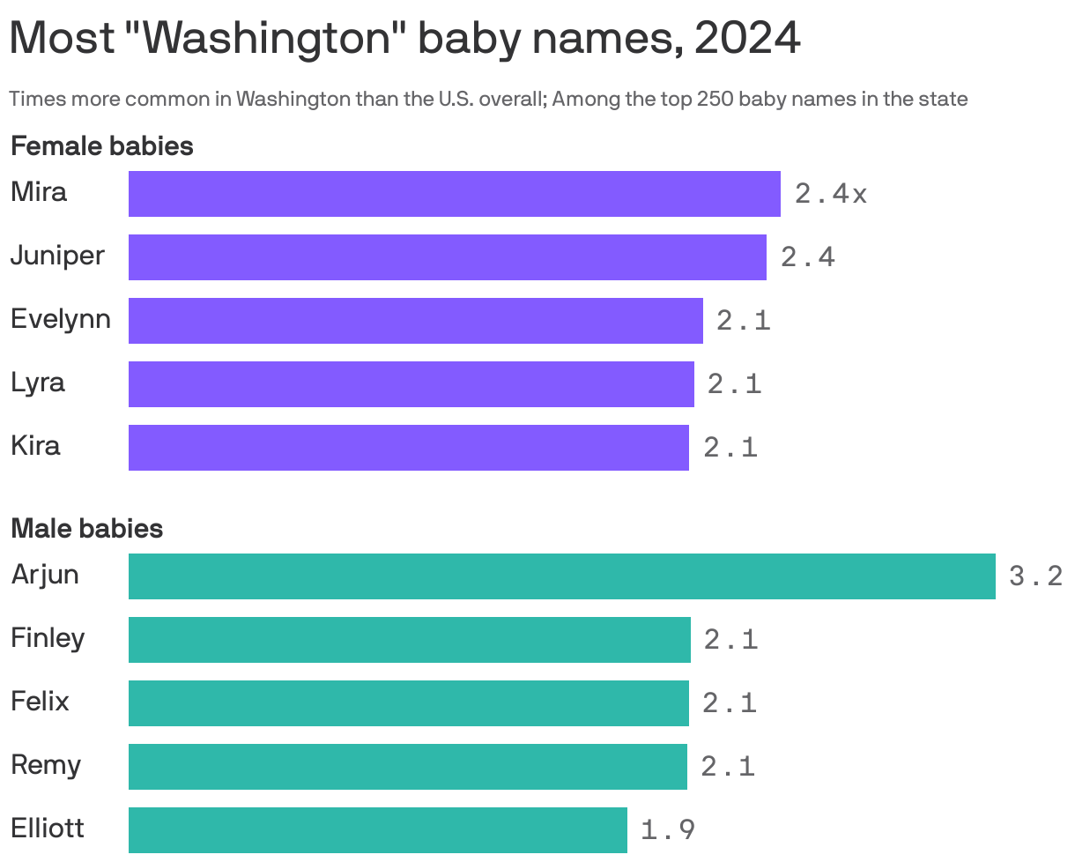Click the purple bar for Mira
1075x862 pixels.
click(x=454, y=194)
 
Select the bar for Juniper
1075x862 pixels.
click(x=447, y=257)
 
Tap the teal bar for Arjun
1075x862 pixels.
click(x=561, y=576)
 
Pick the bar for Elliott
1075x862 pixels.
click(x=377, y=830)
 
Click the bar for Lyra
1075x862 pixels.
click(x=411, y=384)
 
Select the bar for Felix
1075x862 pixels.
click(x=408, y=703)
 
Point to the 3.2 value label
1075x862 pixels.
click(x=1035, y=576)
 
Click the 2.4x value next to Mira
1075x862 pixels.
click(x=830, y=194)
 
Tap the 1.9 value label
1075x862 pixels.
click(x=667, y=830)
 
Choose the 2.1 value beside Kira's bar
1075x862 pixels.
click(x=730, y=448)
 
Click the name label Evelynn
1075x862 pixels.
click(x=61, y=319)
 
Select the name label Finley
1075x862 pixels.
click(x=48, y=638)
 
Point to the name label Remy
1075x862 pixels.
click(x=46, y=765)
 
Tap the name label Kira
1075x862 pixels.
click(x=35, y=446)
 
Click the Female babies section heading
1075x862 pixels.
click(x=101, y=146)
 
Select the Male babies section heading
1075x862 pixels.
click(x=86, y=529)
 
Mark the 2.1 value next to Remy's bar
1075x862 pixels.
click(x=728, y=767)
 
